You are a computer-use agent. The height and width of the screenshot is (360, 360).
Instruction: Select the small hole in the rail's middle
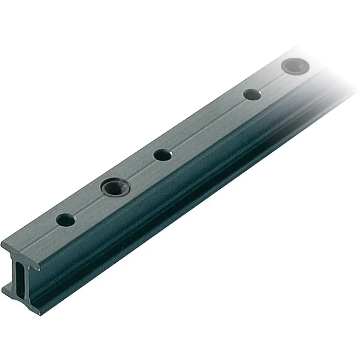pos(161,154)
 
